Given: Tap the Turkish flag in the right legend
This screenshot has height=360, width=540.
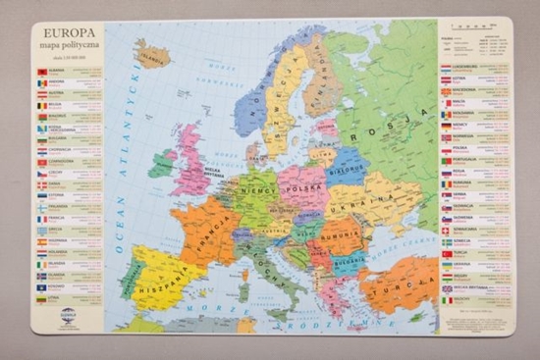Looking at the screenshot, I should (447, 253).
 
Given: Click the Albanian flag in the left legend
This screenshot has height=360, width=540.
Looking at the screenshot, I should (41, 73).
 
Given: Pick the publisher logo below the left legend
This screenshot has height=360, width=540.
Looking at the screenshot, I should (67, 316).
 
